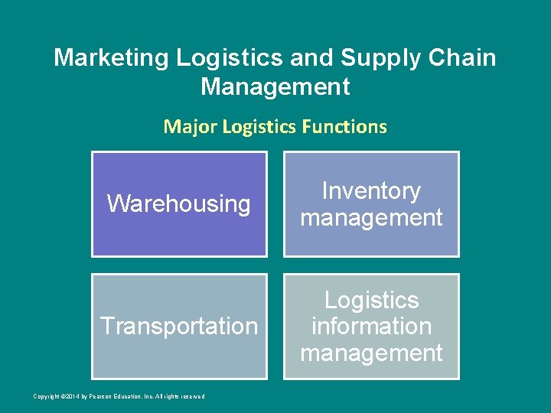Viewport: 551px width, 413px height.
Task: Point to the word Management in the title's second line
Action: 275,86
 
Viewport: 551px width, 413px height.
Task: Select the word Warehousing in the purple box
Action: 179,204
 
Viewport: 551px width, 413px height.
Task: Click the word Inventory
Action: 371,191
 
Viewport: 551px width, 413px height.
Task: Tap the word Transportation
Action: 179,327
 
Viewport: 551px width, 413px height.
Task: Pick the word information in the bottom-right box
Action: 371,327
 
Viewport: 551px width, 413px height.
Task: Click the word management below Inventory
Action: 371,218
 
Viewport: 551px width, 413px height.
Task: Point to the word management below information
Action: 371,353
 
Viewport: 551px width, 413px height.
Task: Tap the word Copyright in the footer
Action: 46,396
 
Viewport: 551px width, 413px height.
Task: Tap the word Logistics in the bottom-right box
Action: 371,300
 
